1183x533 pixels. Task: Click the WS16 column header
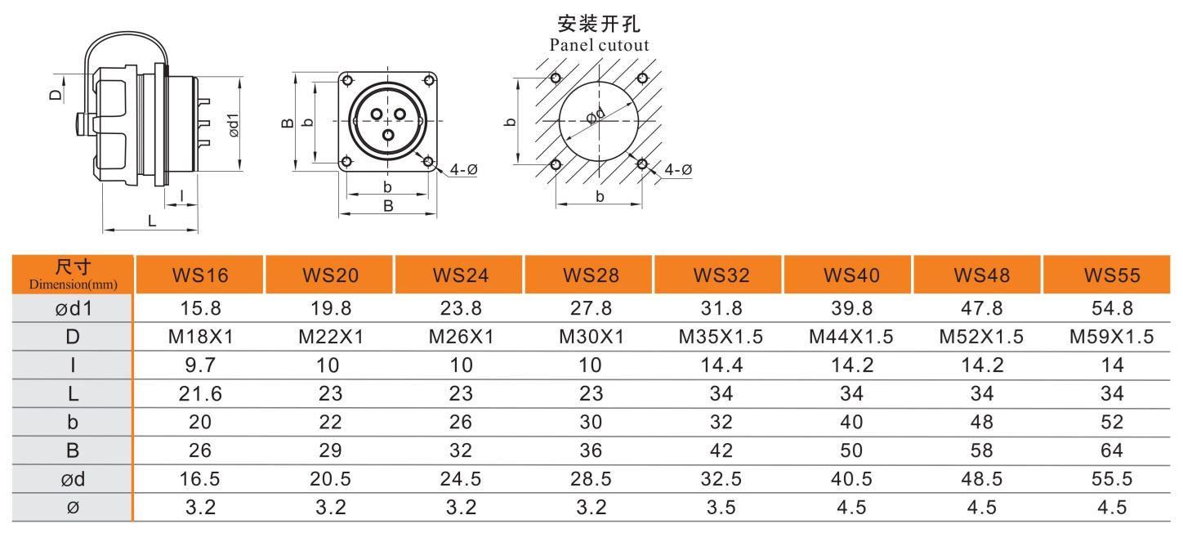click(199, 275)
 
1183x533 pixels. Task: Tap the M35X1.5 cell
click(721, 337)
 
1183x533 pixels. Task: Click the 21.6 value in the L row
click(199, 393)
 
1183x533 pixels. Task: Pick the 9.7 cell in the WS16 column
click(199, 365)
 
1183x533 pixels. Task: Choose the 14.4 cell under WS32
click(721, 365)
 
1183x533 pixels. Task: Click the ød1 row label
click(73, 308)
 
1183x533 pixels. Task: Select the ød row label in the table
click(73, 478)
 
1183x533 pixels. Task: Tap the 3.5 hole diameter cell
click(721, 507)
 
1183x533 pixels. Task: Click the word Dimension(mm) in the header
click(73, 284)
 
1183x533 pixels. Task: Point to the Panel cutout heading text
click(599, 45)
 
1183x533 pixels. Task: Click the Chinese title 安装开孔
click(599, 22)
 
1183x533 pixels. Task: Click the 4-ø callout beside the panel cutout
click(678, 170)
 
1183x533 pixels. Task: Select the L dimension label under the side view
click(151, 220)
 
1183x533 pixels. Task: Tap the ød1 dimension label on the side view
click(234, 124)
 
